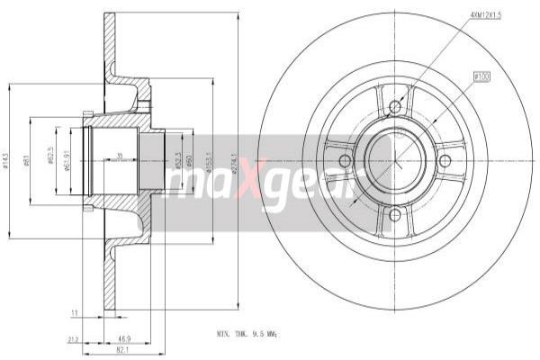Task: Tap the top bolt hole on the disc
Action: tap(393, 108)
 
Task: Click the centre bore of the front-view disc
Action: tap(393, 161)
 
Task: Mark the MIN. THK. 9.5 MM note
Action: tap(248, 333)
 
